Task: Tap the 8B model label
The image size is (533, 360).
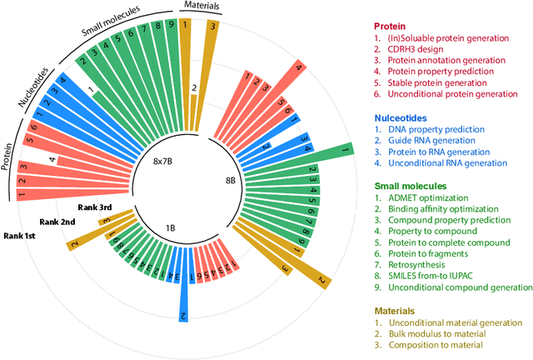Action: click(x=233, y=179)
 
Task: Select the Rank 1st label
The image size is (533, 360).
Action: click(x=24, y=236)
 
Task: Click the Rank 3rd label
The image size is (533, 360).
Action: click(x=93, y=207)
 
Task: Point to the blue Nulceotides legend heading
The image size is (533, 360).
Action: click(x=402, y=117)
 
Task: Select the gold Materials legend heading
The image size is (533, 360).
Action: click(x=397, y=309)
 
